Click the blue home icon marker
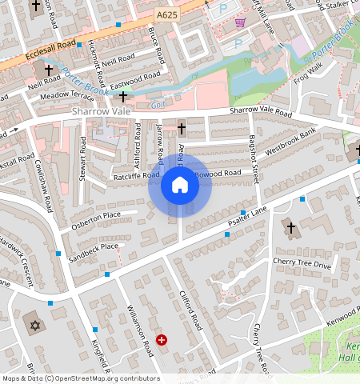click(180, 185)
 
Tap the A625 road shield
click(166, 15)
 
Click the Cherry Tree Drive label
click(301, 263)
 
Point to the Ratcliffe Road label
click(136, 174)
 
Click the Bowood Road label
click(218, 173)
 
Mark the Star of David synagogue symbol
click(34, 325)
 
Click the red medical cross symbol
click(162, 340)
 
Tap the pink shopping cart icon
click(240, 22)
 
